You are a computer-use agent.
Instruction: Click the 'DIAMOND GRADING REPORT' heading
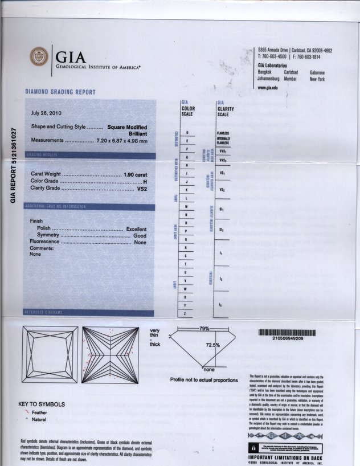coord(60,92)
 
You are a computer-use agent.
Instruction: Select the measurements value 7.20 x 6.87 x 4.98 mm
coord(122,140)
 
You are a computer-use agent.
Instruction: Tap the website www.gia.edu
coord(268,88)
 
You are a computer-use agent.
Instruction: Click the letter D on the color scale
coord(186,133)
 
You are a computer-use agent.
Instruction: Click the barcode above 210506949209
coord(284,332)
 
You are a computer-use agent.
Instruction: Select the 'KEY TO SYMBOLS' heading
coord(42,404)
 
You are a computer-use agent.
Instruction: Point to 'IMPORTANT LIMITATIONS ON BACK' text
coord(285,457)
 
